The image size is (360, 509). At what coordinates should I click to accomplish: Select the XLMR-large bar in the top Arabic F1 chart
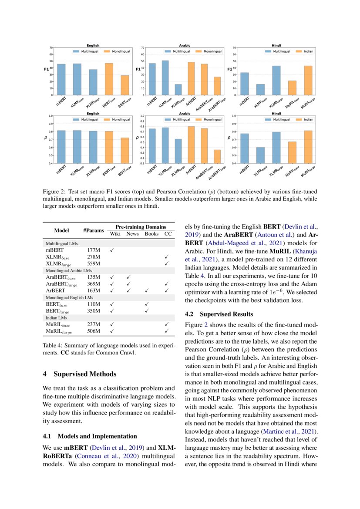tap(178, 90)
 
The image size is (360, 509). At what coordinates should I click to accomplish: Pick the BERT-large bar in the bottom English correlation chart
tap(124, 151)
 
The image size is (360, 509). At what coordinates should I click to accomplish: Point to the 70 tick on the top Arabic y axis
tap(141, 47)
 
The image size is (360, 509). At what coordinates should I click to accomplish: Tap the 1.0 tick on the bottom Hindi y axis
tap(233, 116)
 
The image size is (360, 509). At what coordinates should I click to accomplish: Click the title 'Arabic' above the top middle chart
tap(185, 45)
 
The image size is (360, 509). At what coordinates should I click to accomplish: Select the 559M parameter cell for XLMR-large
tap(94, 264)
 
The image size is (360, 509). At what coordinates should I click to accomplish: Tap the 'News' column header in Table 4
tap(133, 234)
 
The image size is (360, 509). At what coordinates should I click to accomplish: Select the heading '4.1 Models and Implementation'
tap(90, 436)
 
